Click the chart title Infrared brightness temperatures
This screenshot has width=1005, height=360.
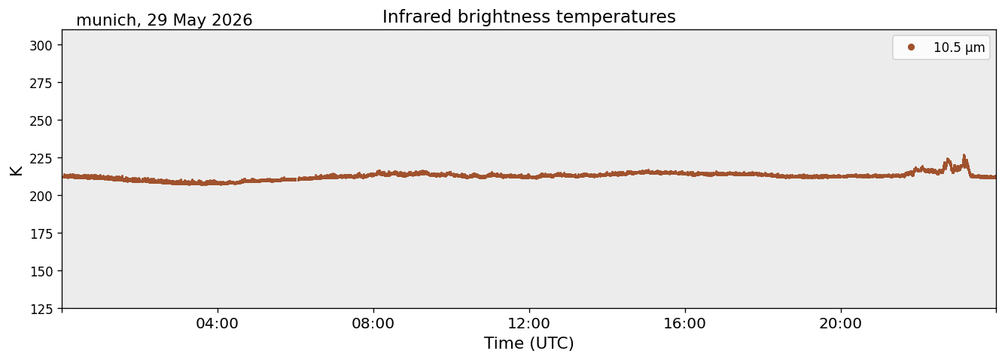coord(529,17)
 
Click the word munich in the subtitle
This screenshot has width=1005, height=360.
coord(106,20)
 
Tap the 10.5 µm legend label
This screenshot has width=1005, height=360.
coord(959,47)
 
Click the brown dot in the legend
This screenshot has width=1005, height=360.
coord(911,47)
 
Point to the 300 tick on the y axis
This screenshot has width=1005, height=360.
coord(41,45)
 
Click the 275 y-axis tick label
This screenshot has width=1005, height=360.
coord(41,83)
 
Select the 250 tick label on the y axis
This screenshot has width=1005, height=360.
coord(41,121)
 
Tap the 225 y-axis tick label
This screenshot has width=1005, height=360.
coord(41,158)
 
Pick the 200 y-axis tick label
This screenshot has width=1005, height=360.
coord(41,196)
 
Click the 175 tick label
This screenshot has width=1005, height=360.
coord(41,234)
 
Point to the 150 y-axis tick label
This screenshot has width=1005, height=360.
coord(41,272)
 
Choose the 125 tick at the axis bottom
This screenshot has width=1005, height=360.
coord(41,310)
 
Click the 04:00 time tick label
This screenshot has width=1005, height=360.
coord(218,324)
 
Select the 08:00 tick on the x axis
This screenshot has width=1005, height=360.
coord(373,324)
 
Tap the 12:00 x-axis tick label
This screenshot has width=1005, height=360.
coord(529,324)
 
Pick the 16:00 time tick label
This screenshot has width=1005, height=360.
coord(684,324)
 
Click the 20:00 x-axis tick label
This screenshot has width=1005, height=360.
coord(841,324)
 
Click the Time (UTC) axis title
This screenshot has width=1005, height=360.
coord(529,343)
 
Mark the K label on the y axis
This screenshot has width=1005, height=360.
coord(16,170)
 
